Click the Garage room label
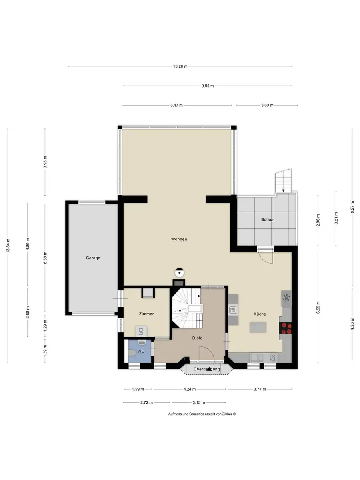[x=93, y=258]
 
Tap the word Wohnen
[x=179, y=239]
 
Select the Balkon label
[x=268, y=220]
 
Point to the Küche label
[x=260, y=314]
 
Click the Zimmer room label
[x=146, y=314]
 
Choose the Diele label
[x=197, y=338]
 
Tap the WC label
[x=141, y=351]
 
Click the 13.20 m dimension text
[x=180, y=66]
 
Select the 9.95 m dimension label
[x=208, y=86]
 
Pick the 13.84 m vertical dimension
[x=8, y=245]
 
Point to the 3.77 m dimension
[x=260, y=389]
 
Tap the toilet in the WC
[x=132, y=352]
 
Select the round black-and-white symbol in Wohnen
[x=180, y=272]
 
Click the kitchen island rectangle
[x=258, y=327]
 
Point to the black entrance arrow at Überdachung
[x=209, y=369]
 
